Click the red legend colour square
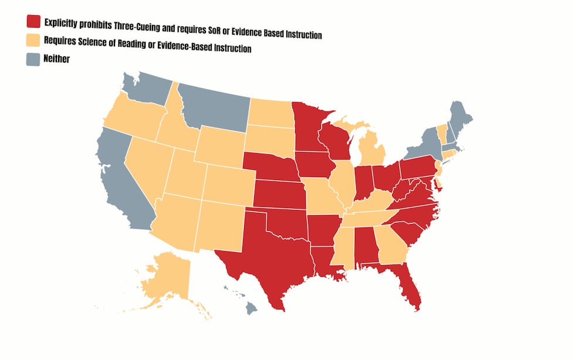click(x=33, y=22)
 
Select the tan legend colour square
click(x=33, y=40)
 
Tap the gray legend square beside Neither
click(x=33, y=59)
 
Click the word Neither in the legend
click(x=57, y=59)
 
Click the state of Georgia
click(x=390, y=246)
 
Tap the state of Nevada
click(x=150, y=170)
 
